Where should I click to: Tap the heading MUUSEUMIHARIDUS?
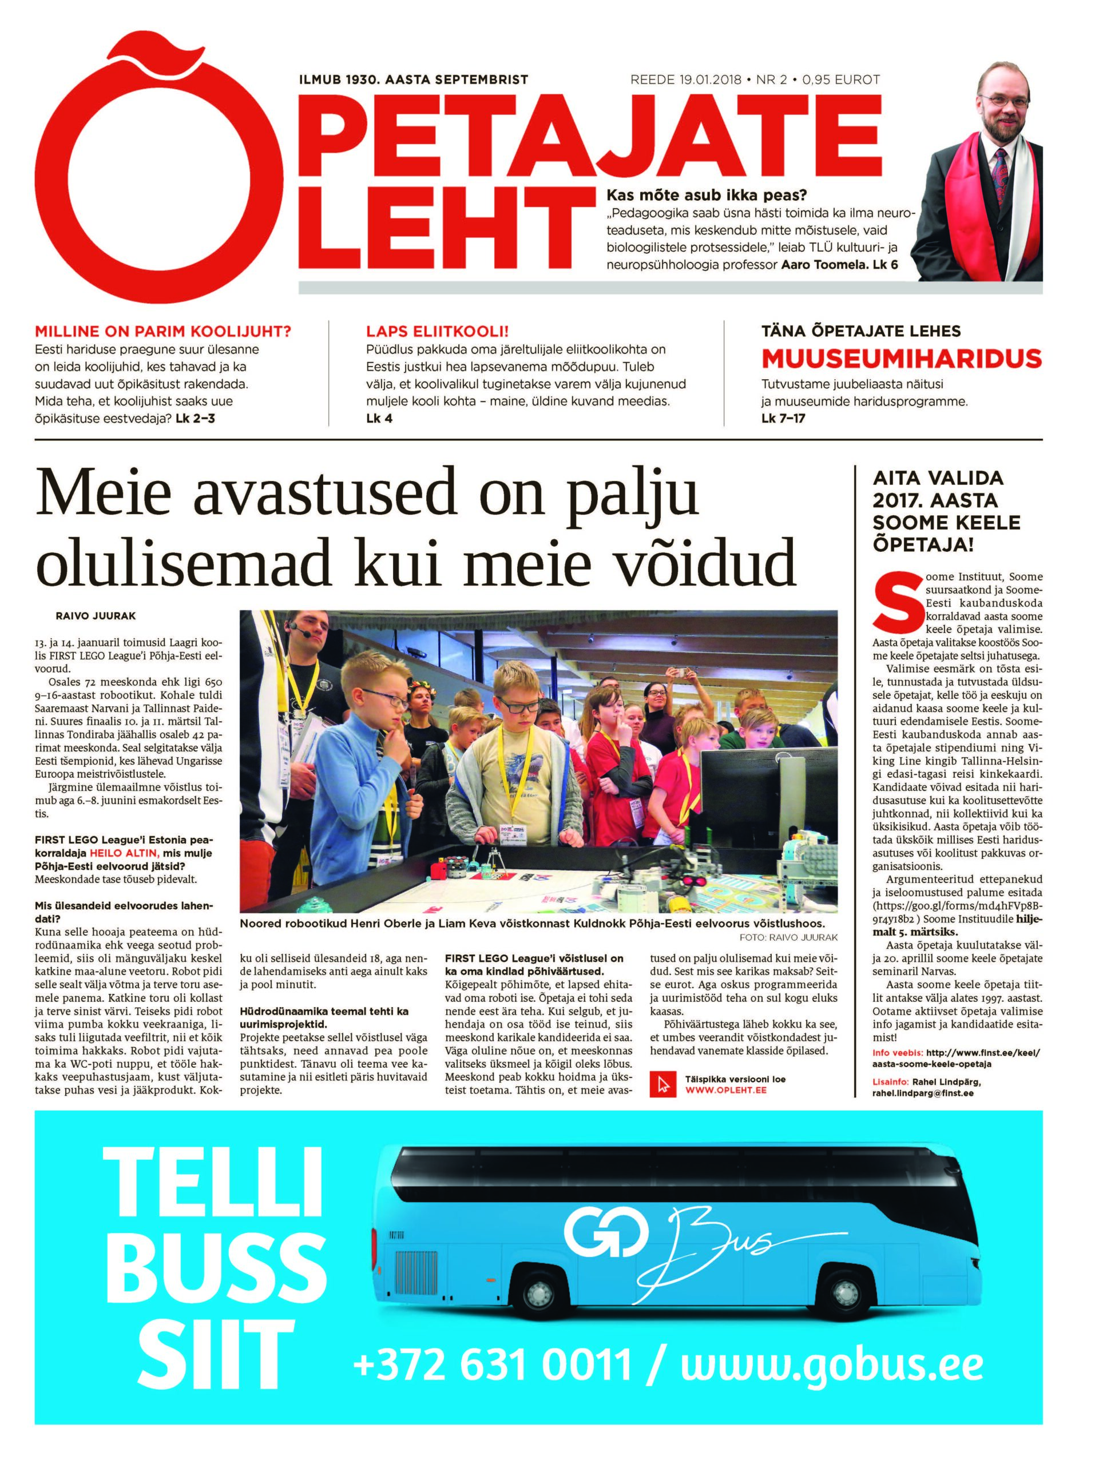point(901,358)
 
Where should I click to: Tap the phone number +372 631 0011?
point(493,1363)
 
